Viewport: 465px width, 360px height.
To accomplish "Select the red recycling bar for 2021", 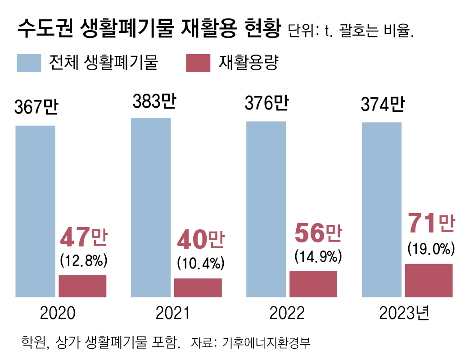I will click(198, 287).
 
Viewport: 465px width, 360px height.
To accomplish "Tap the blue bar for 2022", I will click(266, 209).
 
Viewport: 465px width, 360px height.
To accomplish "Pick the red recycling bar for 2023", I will click(429, 280).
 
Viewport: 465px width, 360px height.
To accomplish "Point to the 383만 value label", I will click(153, 101).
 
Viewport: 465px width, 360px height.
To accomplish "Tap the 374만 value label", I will click(382, 105).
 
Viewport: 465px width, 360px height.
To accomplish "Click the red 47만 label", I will click(83, 238).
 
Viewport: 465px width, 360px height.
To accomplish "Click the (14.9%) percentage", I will click(316, 256).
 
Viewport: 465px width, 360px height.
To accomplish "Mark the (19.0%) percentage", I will click(431, 248).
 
